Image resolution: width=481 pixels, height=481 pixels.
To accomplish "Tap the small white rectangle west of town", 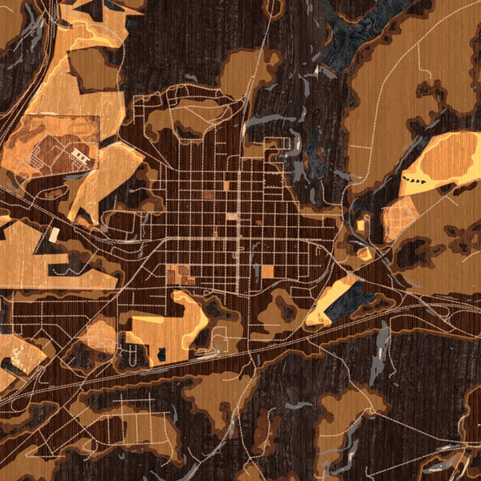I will click(54, 235).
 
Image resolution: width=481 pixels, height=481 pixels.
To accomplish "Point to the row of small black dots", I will click(416, 180).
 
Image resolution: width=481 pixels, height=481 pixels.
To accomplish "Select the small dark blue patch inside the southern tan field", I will click(161, 354).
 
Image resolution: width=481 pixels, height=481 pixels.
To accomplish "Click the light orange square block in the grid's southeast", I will click(268, 271).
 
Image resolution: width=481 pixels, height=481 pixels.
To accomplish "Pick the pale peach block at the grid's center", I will click(232, 216).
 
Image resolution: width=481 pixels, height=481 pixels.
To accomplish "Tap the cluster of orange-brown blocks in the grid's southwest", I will click(180, 274).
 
